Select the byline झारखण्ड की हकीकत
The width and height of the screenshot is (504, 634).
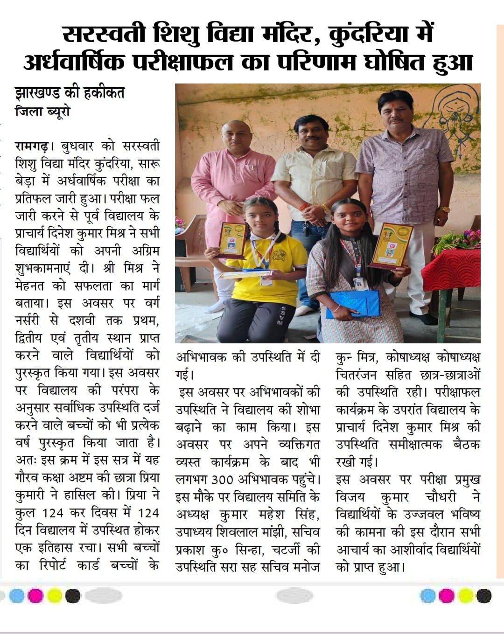coord(70,93)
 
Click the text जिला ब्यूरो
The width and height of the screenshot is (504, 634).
coord(42,112)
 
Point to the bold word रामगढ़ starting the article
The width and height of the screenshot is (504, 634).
coord(32,146)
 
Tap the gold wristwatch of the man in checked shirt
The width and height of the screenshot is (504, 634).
coord(444,209)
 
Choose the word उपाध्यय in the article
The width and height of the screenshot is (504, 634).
coord(199,532)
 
